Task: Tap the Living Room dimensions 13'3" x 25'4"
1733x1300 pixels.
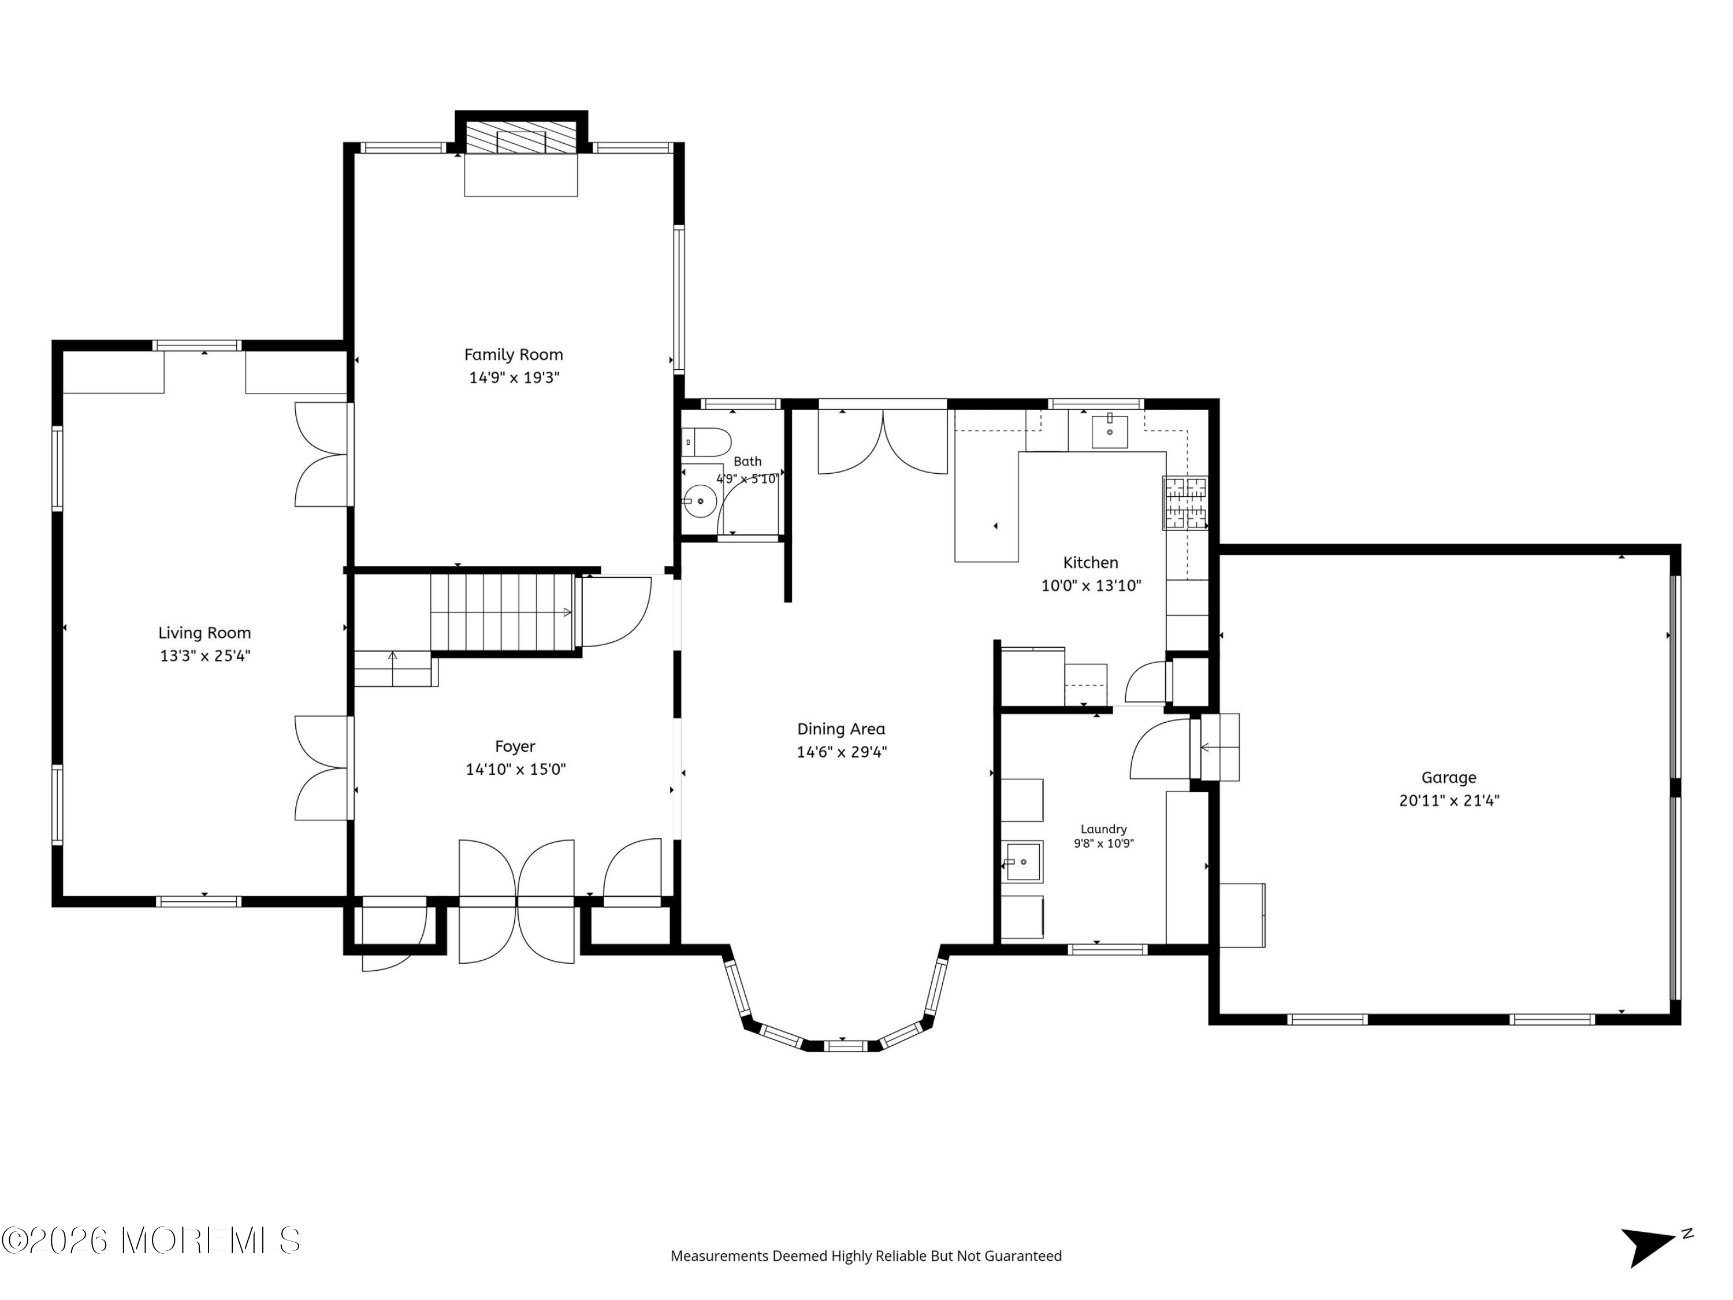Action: tap(205, 656)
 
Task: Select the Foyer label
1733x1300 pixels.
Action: tap(515, 746)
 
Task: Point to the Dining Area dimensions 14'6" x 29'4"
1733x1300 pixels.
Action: tap(842, 752)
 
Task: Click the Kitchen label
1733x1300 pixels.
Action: tap(1091, 563)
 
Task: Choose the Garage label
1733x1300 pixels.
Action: tap(1449, 778)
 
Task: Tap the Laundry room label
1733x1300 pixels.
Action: tap(1104, 829)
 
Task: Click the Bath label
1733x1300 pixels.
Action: tap(748, 462)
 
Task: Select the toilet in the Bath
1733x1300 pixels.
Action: tap(706, 443)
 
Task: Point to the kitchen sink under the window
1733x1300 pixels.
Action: tap(1109, 431)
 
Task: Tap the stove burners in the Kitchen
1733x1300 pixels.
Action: tap(1185, 503)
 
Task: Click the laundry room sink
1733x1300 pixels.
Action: tap(1023, 862)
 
